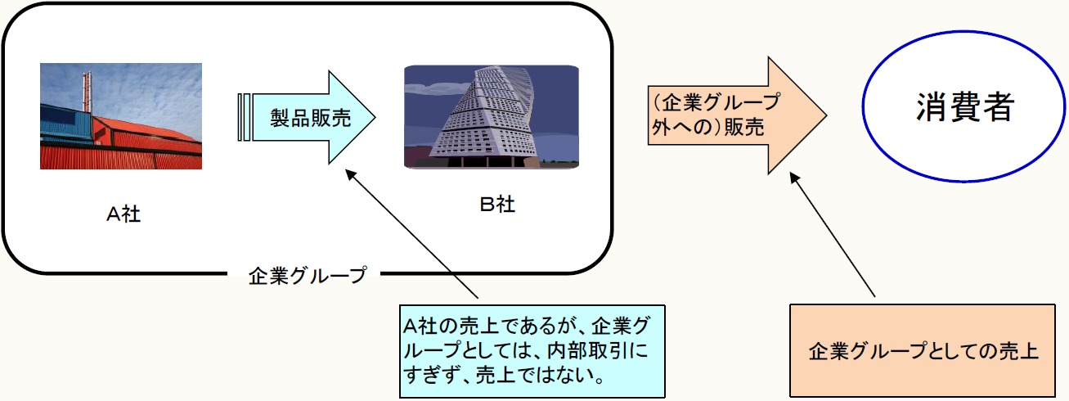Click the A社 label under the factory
point(124,214)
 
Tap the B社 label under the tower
point(497,204)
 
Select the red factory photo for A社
point(121,116)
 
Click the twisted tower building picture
point(492,116)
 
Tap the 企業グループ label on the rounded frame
point(308,275)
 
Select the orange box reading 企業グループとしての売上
point(923,351)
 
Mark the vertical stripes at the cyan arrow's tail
point(244,118)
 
